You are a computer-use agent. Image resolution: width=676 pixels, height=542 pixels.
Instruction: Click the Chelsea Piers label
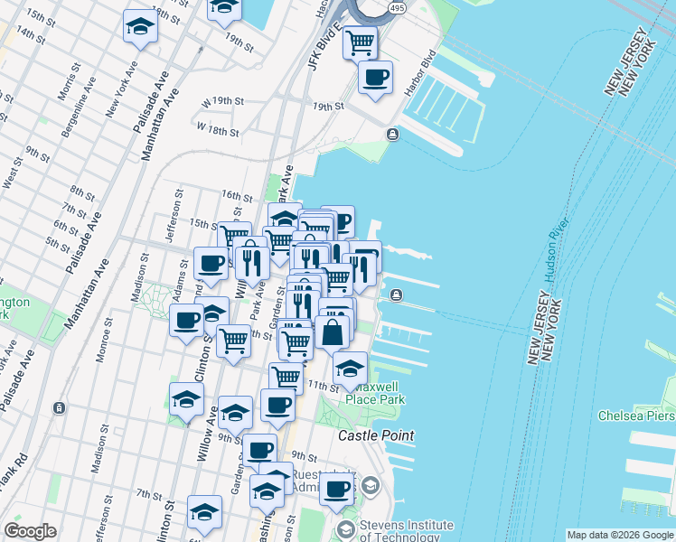tap(636, 416)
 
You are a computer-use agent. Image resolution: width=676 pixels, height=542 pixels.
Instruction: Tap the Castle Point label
tap(376, 435)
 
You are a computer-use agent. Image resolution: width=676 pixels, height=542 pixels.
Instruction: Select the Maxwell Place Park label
tap(374, 392)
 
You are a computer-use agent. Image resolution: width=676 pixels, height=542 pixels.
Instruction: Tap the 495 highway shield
tap(396, 8)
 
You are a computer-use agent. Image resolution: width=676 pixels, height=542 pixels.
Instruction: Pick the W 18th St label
tap(218, 130)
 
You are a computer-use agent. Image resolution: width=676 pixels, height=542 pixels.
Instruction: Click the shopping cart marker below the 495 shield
tap(361, 41)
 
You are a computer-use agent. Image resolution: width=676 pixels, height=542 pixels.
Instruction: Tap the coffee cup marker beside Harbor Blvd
tap(375, 76)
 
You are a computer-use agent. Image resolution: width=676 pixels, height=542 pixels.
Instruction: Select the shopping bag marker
tap(332, 332)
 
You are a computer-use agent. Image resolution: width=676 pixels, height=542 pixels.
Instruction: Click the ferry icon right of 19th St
tap(393, 135)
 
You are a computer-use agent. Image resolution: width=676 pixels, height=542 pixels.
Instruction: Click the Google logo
tap(30, 531)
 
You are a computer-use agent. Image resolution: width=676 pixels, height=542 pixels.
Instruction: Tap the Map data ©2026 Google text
tap(620, 535)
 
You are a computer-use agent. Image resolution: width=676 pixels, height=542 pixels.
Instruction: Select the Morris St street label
tap(64, 107)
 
